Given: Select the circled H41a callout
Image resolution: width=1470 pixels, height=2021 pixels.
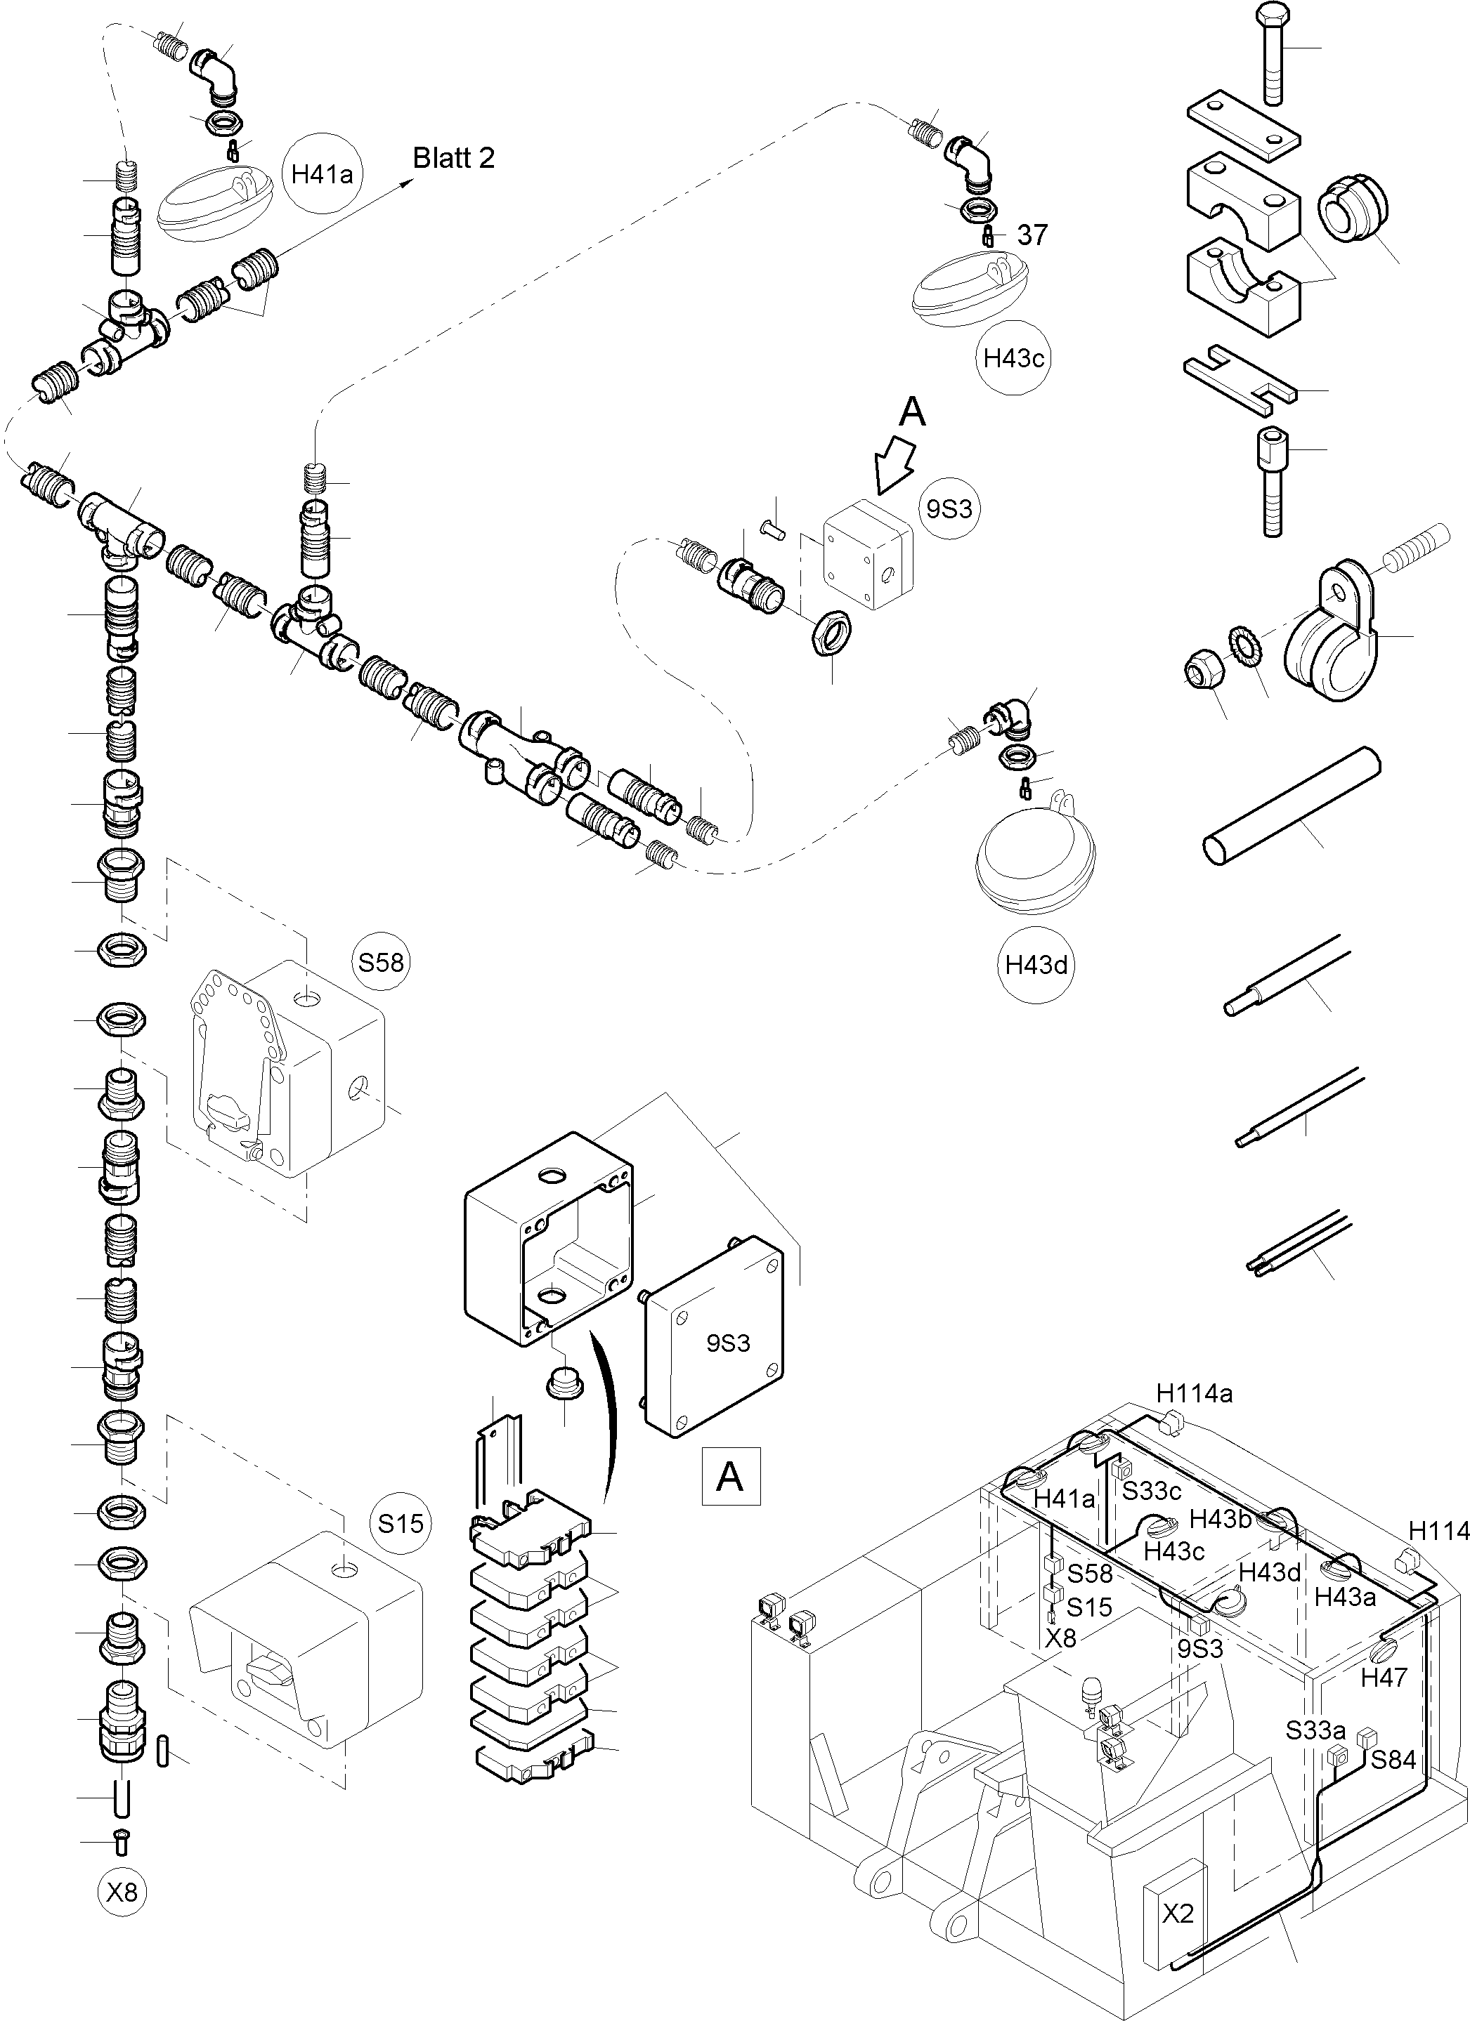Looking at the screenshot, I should [x=322, y=173].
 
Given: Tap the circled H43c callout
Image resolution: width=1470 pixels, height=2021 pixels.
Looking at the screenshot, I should [x=1013, y=358].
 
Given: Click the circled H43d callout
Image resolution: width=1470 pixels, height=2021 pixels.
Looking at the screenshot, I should [x=1035, y=965].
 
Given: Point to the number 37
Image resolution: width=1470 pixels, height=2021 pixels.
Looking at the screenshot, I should [x=1032, y=235].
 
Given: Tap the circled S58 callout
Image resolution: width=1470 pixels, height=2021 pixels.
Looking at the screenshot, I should [x=382, y=962].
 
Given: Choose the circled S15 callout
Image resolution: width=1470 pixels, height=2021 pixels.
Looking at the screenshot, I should [x=401, y=1523].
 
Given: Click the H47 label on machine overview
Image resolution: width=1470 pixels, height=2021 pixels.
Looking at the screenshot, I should [x=1383, y=1678].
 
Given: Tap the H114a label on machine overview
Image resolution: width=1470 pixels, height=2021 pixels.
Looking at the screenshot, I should [x=1194, y=1393].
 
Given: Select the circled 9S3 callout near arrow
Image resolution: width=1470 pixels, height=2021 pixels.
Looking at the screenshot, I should [x=949, y=510].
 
